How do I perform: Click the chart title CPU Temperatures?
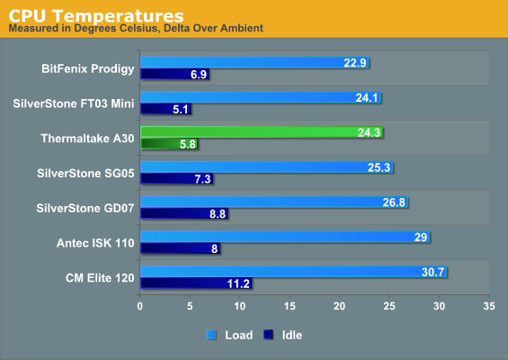tap(96, 15)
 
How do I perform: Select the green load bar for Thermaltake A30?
tap(262, 132)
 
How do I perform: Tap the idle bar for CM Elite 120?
tap(196, 283)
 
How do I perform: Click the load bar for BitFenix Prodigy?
tap(254, 62)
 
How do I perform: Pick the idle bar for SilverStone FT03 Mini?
tap(165, 109)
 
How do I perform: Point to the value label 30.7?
tap(432, 272)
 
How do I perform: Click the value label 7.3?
tap(203, 179)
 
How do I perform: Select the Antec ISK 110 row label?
tap(95, 243)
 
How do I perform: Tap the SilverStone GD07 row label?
tap(85, 208)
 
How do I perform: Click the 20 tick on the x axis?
tap(339, 306)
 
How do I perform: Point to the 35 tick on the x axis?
tap(489, 306)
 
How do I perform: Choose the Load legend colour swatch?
tap(211, 335)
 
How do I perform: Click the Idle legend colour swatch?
tap(268, 335)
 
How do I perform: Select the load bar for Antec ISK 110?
tap(285, 237)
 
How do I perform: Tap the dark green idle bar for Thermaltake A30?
tap(169, 144)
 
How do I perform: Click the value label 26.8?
tap(394, 202)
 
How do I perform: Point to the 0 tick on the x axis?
tap(139, 306)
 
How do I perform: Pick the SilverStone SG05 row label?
tap(85, 173)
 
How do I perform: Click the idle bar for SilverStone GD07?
tap(184, 213)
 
